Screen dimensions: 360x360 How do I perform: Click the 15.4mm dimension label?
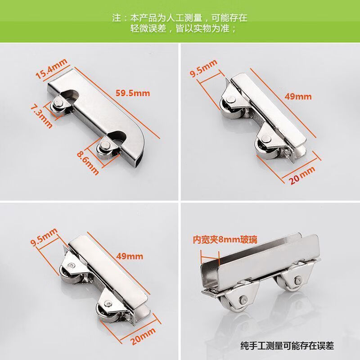pos(51,69)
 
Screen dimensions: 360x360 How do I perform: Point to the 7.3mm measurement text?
pos(41,116)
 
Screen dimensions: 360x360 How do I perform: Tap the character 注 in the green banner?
pos(117,18)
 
